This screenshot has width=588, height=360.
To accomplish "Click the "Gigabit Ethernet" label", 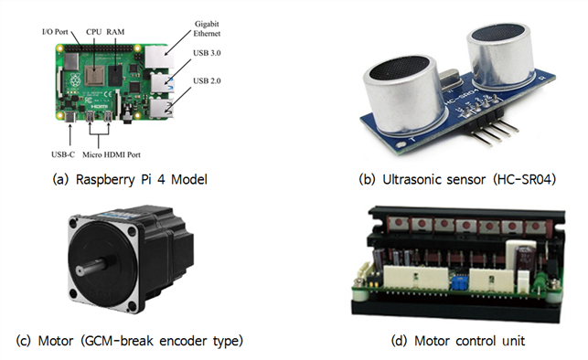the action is click(x=207, y=29).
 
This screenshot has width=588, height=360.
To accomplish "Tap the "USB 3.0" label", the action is click(x=207, y=53).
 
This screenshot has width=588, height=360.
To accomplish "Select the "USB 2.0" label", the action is click(x=207, y=81).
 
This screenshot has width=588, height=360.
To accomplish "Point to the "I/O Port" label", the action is click(x=55, y=32).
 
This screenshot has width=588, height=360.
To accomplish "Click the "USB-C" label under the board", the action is click(x=63, y=154).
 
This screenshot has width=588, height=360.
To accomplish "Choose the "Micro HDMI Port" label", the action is click(x=112, y=154).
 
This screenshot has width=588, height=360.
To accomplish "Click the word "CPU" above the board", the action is click(x=94, y=32).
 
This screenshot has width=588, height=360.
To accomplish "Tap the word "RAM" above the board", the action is click(x=115, y=32).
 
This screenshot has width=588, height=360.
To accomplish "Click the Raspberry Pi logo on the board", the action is click(x=75, y=79).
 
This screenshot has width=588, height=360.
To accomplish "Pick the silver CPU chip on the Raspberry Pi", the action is click(x=94, y=75).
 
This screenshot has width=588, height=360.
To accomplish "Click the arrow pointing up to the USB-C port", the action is click(x=70, y=135).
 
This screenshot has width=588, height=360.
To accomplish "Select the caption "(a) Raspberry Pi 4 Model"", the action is click(x=130, y=180).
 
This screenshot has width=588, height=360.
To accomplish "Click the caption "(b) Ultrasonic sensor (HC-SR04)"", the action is click(x=457, y=180).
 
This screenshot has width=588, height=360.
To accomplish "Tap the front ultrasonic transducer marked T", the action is click(x=404, y=96).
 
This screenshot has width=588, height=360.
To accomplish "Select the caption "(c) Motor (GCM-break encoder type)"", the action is click(x=130, y=341).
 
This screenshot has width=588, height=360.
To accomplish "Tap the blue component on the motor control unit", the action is click(x=459, y=282).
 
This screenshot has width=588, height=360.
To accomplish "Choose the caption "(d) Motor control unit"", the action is click(x=458, y=341).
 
